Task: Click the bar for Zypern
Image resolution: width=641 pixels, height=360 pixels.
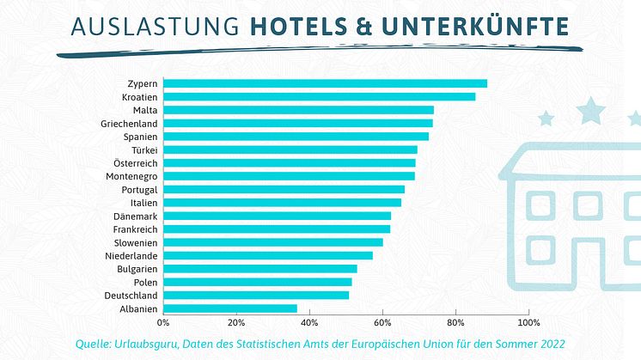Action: [325, 83]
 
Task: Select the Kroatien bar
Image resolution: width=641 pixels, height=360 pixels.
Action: [319, 96]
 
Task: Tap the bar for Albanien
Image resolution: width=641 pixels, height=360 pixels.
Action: [230, 308]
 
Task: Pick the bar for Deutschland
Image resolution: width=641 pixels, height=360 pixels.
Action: [256, 295]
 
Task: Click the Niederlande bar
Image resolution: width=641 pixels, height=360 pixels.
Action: [268, 255]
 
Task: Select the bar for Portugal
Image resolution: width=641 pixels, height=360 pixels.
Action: [284, 189]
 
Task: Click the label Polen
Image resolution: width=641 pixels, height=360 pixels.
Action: [145, 282]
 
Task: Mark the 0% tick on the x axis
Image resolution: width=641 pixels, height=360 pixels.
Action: [163, 323]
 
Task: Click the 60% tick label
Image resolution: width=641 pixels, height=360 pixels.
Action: [382, 323]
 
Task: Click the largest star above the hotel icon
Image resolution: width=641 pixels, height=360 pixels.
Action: [590, 109]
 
